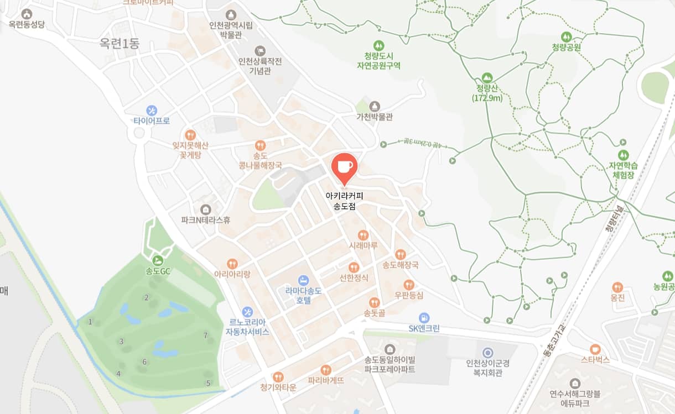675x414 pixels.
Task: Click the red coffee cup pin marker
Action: point(344,167)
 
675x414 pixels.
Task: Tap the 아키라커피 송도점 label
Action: point(344,201)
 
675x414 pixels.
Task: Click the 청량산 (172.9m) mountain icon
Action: point(487,77)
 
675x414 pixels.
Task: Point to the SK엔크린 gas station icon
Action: point(424,318)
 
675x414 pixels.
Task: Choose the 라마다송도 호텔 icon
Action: point(302,280)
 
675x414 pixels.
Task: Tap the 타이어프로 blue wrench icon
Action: point(151,110)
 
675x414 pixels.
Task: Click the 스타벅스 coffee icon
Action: point(595,349)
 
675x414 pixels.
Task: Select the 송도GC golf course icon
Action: point(158,260)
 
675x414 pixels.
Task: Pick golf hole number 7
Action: point(205,335)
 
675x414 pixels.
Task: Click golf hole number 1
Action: point(90,321)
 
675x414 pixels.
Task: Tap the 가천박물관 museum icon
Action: point(375,106)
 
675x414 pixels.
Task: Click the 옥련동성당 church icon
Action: point(26,13)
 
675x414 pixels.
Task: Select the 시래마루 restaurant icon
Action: point(363,234)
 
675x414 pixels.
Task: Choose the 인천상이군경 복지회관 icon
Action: point(487,352)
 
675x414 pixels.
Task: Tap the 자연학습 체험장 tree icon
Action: point(624,155)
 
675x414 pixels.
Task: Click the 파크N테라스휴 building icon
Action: point(206,209)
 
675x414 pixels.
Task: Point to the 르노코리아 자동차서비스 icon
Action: point(247,311)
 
